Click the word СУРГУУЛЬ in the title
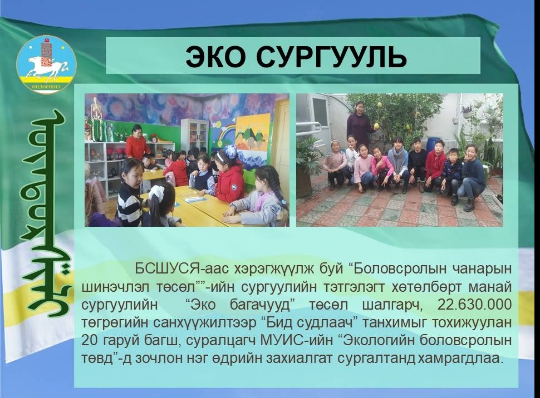pos(332,57)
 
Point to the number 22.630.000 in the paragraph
pos(474,305)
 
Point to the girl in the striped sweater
pos(130,193)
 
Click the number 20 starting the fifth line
pos(89,341)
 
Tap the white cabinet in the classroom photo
pos(194,135)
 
